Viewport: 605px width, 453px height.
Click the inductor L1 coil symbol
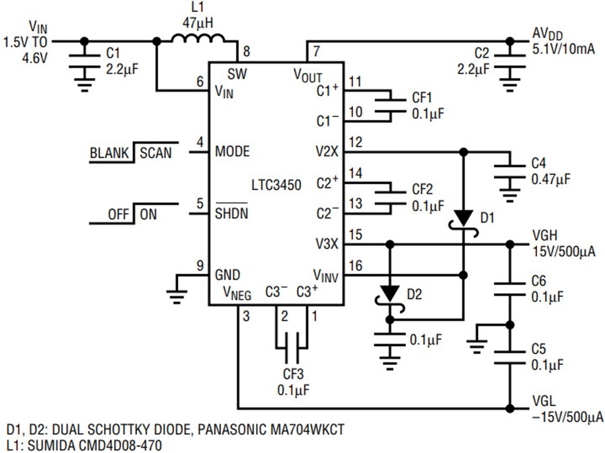pyautogui.click(x=198, y=38)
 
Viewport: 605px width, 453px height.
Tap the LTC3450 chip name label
pyautogui.click(x=276, y=186)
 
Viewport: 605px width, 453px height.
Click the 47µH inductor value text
pyautogui.click(x=198, y=23)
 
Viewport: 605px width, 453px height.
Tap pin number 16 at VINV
pyautogui.click(x=356, y=265)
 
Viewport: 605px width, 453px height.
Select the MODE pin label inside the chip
pyautogui.click(x=233, y=151)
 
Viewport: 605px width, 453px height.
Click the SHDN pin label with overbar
pyautogui.click(x=231, y=212)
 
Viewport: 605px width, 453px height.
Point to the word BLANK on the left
pyautogui.click(x=109, y=153)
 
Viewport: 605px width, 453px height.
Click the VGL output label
pyautogui.click(x=544, y=401)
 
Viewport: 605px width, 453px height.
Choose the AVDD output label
pyautogui.click(x=547, y=34)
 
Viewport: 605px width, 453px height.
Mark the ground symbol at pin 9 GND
pyautogui.click(x=177, y=296)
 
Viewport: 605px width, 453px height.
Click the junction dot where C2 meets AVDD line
pyautogui.click(x=510, y=41)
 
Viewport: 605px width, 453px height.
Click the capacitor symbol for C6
pyautogui.click(x=510, y=289)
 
